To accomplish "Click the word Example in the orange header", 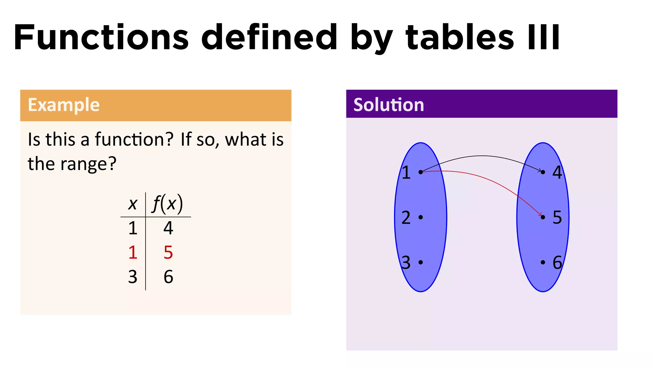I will pyautogui.click(x=64, y=105).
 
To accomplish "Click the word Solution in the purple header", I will pyautogui.click(x=388, y=105).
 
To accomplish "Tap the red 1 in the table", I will pyautogui.click(x=133, y=253).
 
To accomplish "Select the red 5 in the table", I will pyautogui.click(x=168, y=253).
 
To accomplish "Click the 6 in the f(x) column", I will pyautogui.click(x=168, y=277).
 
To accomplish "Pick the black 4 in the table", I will pyautogui.click(x=168, y=228).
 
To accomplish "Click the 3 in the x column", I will pyautogui.click(x=133, y=277).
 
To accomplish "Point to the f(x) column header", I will pyautogui.click(x=168, y=204).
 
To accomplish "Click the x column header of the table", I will pyautogui.click(x=132, y=204).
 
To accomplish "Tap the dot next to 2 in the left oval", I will pyautogui.click(x=421, y=217).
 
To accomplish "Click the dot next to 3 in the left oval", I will pyautogui.click(x=421, y=262).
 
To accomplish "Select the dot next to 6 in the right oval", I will pyautogui.click(x=543, y=262).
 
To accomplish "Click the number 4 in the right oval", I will pyautogui.click(x=557, y=172).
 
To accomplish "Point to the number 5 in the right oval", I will pyautogui.click(x=557, y=217).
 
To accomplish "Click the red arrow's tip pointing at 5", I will pyautogui.click(x=541, y=215).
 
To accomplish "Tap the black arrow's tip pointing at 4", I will pyautogui.click(x=541, y=171).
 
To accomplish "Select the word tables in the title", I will pyautogui.click(x=459, y=38).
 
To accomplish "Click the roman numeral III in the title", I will pyautogui.click(x=543, y=38).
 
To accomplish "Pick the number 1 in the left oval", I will pyautogui.click(x=406, y=172).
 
